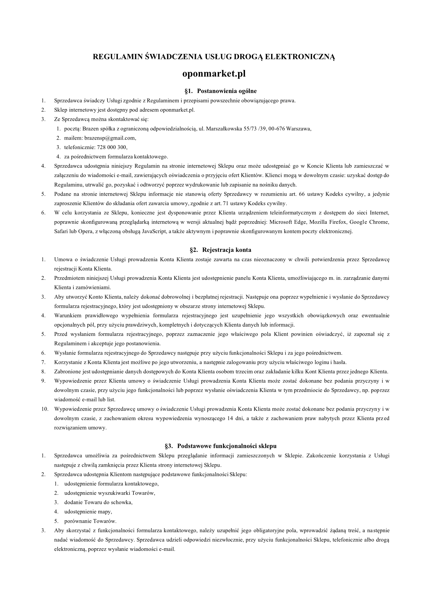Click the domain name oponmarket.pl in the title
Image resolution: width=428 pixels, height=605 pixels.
[x=214, y=74]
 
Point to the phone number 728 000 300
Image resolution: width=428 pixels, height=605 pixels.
[x=114, y=147]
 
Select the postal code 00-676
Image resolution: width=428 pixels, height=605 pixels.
[x=277, y=129]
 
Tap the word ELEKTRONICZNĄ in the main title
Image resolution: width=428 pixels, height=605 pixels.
[x=300, y=57]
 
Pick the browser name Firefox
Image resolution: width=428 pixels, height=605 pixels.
[x=337, y=222]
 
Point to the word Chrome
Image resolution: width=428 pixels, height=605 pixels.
[x=379, y=222]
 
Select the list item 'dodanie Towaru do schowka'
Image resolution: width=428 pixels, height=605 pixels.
[x=98, y=502]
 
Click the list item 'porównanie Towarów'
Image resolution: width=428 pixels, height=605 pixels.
[x=90, y=521]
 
